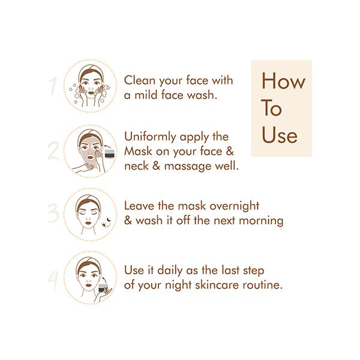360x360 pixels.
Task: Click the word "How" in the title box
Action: coord(283,81)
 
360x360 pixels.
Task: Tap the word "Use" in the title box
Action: coord(279,135)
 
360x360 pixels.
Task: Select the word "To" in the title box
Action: coord(272,109)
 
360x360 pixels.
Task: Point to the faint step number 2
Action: coord(53,151)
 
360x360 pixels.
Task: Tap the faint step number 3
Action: coord(53,213)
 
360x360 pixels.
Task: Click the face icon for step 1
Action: coord(90,86)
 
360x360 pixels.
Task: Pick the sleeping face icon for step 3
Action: coord(89,213)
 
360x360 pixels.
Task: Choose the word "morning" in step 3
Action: coord(259,220)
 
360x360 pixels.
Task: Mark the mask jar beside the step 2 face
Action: coord(109,154)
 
